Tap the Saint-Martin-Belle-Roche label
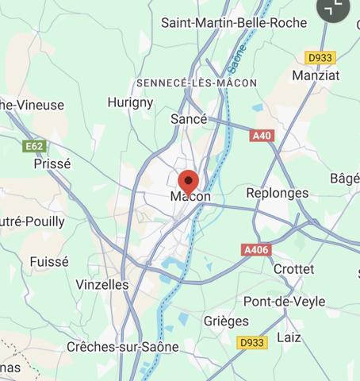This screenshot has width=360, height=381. coord(233,23)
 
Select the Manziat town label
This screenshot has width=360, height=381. coord(316,75)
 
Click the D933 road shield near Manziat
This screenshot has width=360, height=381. coord(320,57)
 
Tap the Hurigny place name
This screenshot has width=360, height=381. coord(130,102)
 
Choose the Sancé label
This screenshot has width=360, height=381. coord(189,119)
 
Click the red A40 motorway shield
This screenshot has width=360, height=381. coord(261,136)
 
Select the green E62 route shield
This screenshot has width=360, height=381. coord(34,146)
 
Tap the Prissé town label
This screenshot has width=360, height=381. coord(52,164)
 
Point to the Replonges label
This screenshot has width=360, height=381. coord(277,193)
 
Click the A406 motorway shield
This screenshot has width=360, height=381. coord(256,249)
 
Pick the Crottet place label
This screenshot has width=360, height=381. coord(293,269)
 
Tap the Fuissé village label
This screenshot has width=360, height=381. coord(49,261)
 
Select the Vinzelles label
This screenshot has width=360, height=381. coord(102,283)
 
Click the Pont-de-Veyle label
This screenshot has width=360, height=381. coord(279,301)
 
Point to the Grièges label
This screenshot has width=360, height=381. coord(226,321)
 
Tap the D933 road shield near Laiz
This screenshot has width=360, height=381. coord(252,342)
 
